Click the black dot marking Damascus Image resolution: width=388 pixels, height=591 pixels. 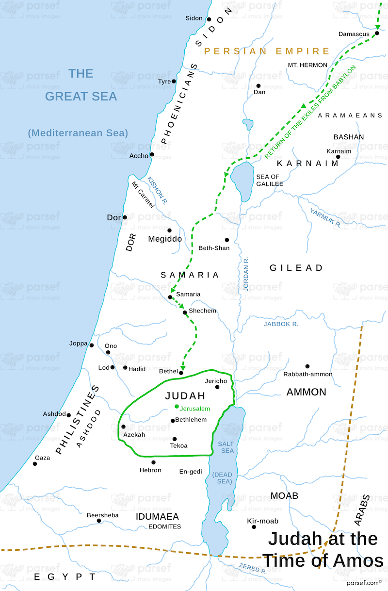377,33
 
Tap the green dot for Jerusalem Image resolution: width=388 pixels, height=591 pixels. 177,406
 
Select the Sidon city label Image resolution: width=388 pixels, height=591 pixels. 194,18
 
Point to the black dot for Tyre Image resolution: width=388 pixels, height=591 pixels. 174,81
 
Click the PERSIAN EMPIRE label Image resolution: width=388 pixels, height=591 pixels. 267,51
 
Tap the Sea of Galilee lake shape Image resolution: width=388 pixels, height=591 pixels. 242,177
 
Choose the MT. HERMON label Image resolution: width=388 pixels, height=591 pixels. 307,65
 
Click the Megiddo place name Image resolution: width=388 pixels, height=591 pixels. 165,239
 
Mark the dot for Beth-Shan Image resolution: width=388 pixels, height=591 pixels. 226,240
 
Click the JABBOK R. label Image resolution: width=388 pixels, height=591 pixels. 281,324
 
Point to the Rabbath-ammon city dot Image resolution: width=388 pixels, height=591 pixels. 307,366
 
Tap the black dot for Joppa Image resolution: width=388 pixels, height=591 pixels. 92,345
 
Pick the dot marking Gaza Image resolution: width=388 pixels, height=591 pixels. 35,463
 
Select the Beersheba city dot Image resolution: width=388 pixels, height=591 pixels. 99,521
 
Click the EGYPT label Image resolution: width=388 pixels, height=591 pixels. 65,576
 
